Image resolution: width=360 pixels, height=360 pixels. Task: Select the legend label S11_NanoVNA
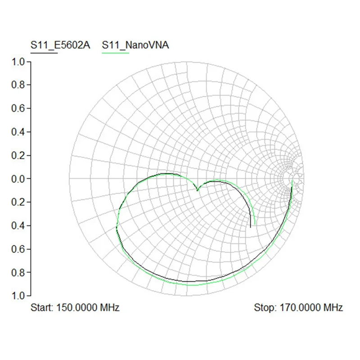(x=135, y=45)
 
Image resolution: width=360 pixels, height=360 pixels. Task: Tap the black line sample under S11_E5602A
(x=44, y=53)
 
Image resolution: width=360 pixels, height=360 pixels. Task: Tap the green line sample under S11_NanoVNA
(x=116, y=53)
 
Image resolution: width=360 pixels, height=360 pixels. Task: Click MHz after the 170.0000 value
(x=333, y=308)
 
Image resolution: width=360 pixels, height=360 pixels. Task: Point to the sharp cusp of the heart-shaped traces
(x=198, y=190)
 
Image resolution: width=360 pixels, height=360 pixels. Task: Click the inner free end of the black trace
(x=251, y=227)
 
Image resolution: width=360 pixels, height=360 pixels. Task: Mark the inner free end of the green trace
(x=255, y=224)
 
